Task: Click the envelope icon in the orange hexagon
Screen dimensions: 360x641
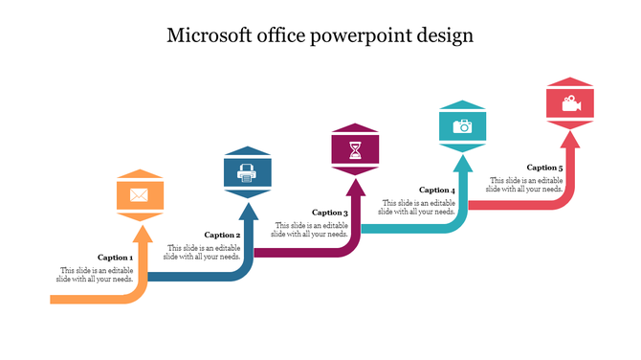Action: pyautogui.click(x=139, y=196)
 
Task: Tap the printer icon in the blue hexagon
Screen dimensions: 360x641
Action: pyautogui.click(x=247, y=173)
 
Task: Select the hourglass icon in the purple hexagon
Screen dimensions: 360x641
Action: pyautogui.click(x=355, y=150)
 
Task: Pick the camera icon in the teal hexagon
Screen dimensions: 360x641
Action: pyautogui.click(x=462, y=126)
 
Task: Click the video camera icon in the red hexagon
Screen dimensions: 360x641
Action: pyautogui.click(x=570, y=102)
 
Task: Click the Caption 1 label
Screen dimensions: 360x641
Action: pyautogui.click(x=116, y=258)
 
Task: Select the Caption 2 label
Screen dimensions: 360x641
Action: pyautogui.click(x=223, y=235)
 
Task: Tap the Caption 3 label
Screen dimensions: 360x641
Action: pyautogui.click(x=330, y=213)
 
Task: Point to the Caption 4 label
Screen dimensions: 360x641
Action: pyautogui.click(x=437, y=190)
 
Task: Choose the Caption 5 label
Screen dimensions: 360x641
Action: pyautogui.click(x=545, y=168)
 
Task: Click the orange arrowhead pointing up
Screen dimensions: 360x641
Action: pyautogui.click(x=140, y=234)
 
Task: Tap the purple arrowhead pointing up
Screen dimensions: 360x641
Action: pyautogui.click(x=355, y=187)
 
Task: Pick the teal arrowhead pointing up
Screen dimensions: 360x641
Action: pyautogui.click(x=462, y=164)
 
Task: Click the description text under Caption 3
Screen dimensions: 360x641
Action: pyautogui.click(x=310, y=229)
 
